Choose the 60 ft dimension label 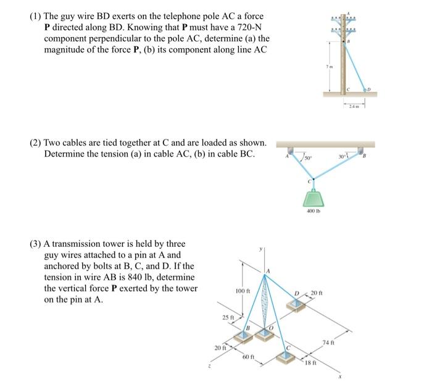pyautogui.click(x=248, y=358)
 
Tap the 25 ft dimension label pyautogui.click(x=228, y=317)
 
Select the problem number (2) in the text pyautogui.click(x=36, y=143)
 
